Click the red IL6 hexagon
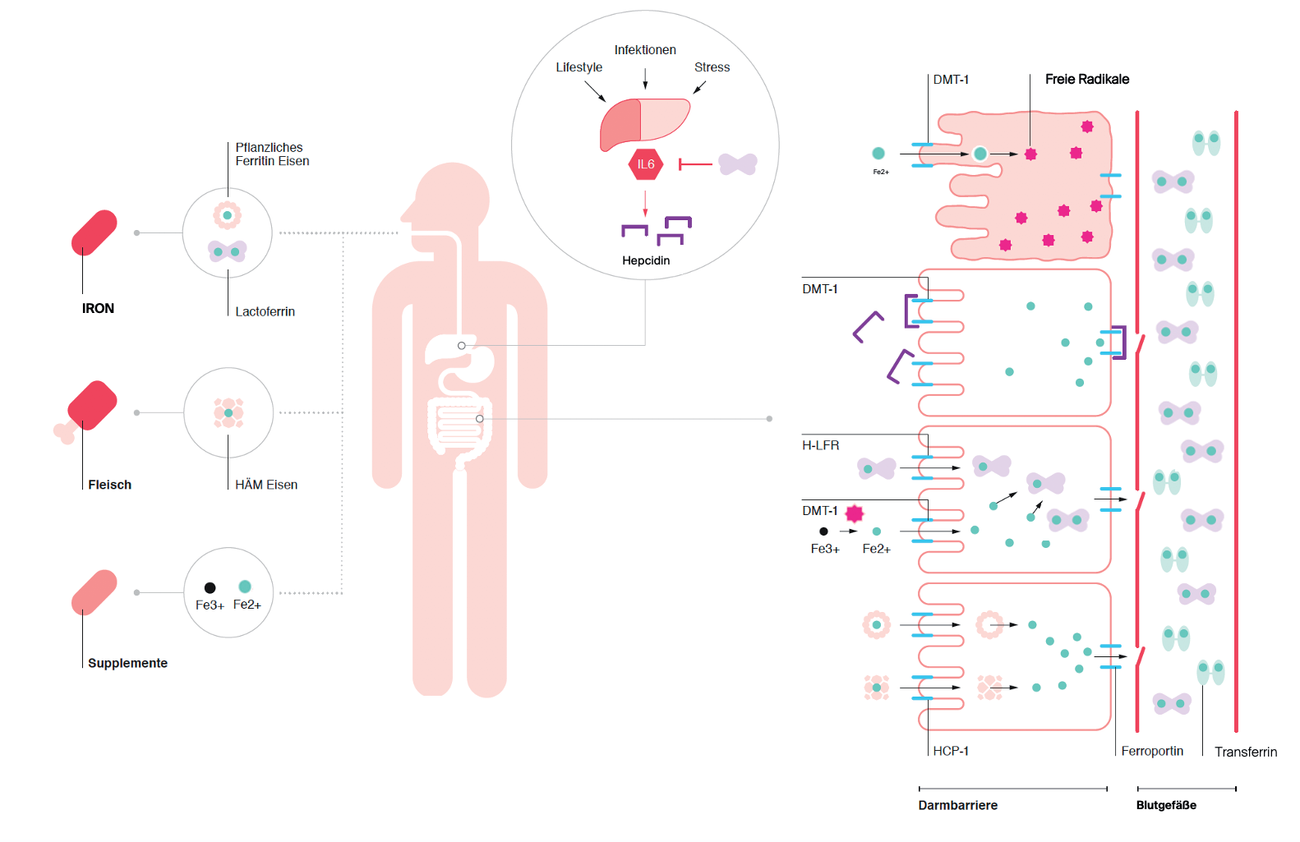(645, 164)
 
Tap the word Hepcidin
(646, 260)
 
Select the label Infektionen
(645, 50)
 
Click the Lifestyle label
(579, 67)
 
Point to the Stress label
(712, 67)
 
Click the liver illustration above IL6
(645, 123)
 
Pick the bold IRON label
(98, 309)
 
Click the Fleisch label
(109, 485)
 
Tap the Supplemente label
(127, 663)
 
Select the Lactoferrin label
(265, 311)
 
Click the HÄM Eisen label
(266, 485)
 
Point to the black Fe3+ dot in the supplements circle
(210, 588)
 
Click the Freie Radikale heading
(1087, 80)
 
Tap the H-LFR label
(821, 446)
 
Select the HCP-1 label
(951, 751)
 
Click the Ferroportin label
(1152, 752)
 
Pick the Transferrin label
(1246, 752)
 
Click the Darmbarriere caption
(958, 805)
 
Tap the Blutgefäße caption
(1167, 805)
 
